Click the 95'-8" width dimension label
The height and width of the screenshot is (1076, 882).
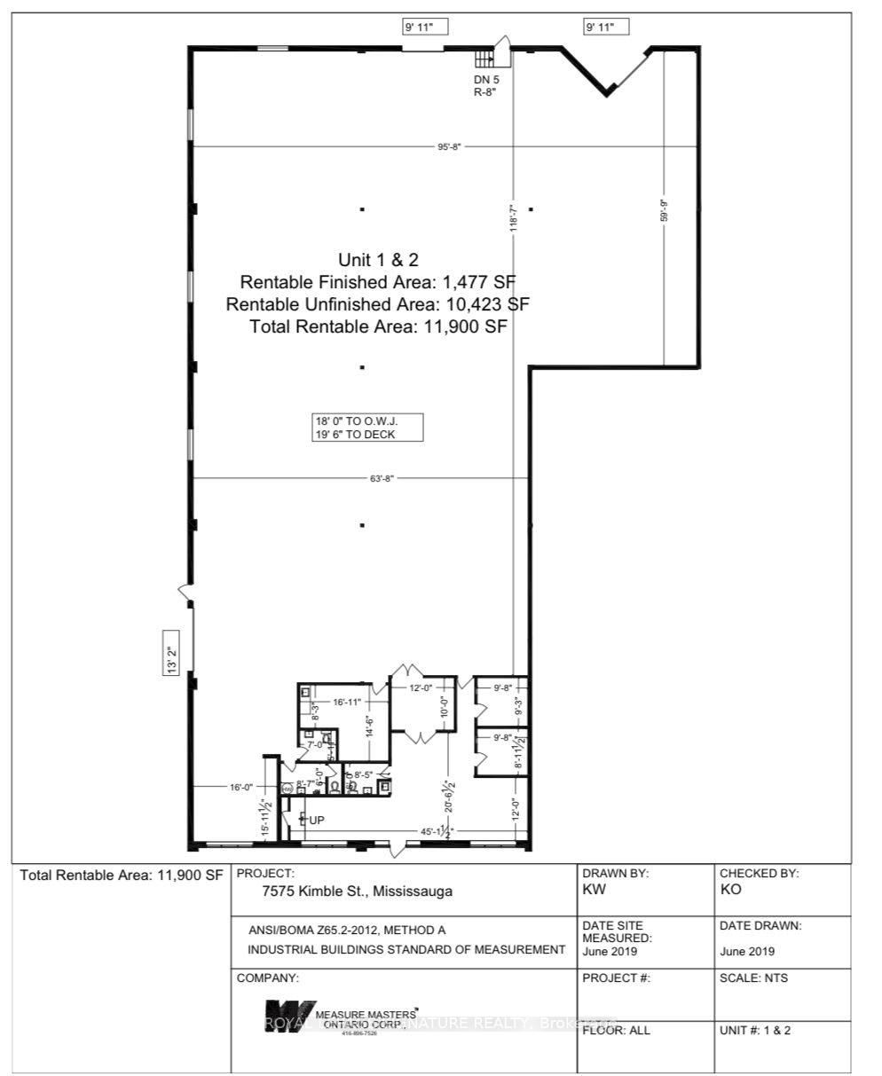pos(450,146)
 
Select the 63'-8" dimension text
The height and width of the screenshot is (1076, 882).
pos(382,478)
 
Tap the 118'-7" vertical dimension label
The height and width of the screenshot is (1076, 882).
pos(513,216)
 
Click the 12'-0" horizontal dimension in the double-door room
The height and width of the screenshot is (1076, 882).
pos(421,687)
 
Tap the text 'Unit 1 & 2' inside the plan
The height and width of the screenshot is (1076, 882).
pos(378,260)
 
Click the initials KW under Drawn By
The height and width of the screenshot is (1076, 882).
pos(595,890)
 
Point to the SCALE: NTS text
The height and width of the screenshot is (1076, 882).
pos(753,978)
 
